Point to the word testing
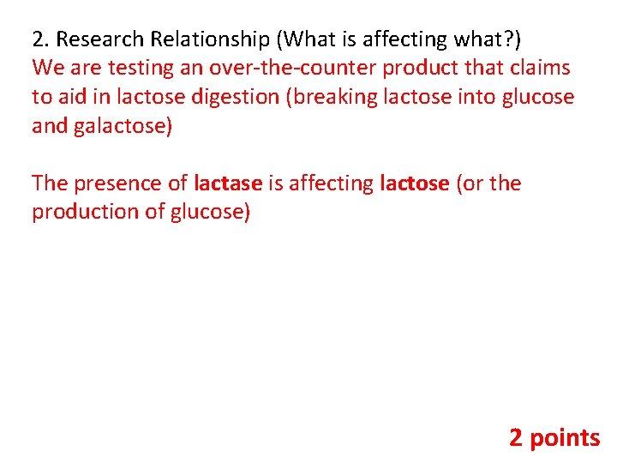click(x=137, y=69)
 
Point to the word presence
click(x=120, y=183)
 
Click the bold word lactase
click(x=228, y=183)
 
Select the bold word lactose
click(x=414, y=183)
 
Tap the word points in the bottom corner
click(x=566, y=438)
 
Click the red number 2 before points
click(x=516, y=438)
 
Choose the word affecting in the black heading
click(x=401, y=39)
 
